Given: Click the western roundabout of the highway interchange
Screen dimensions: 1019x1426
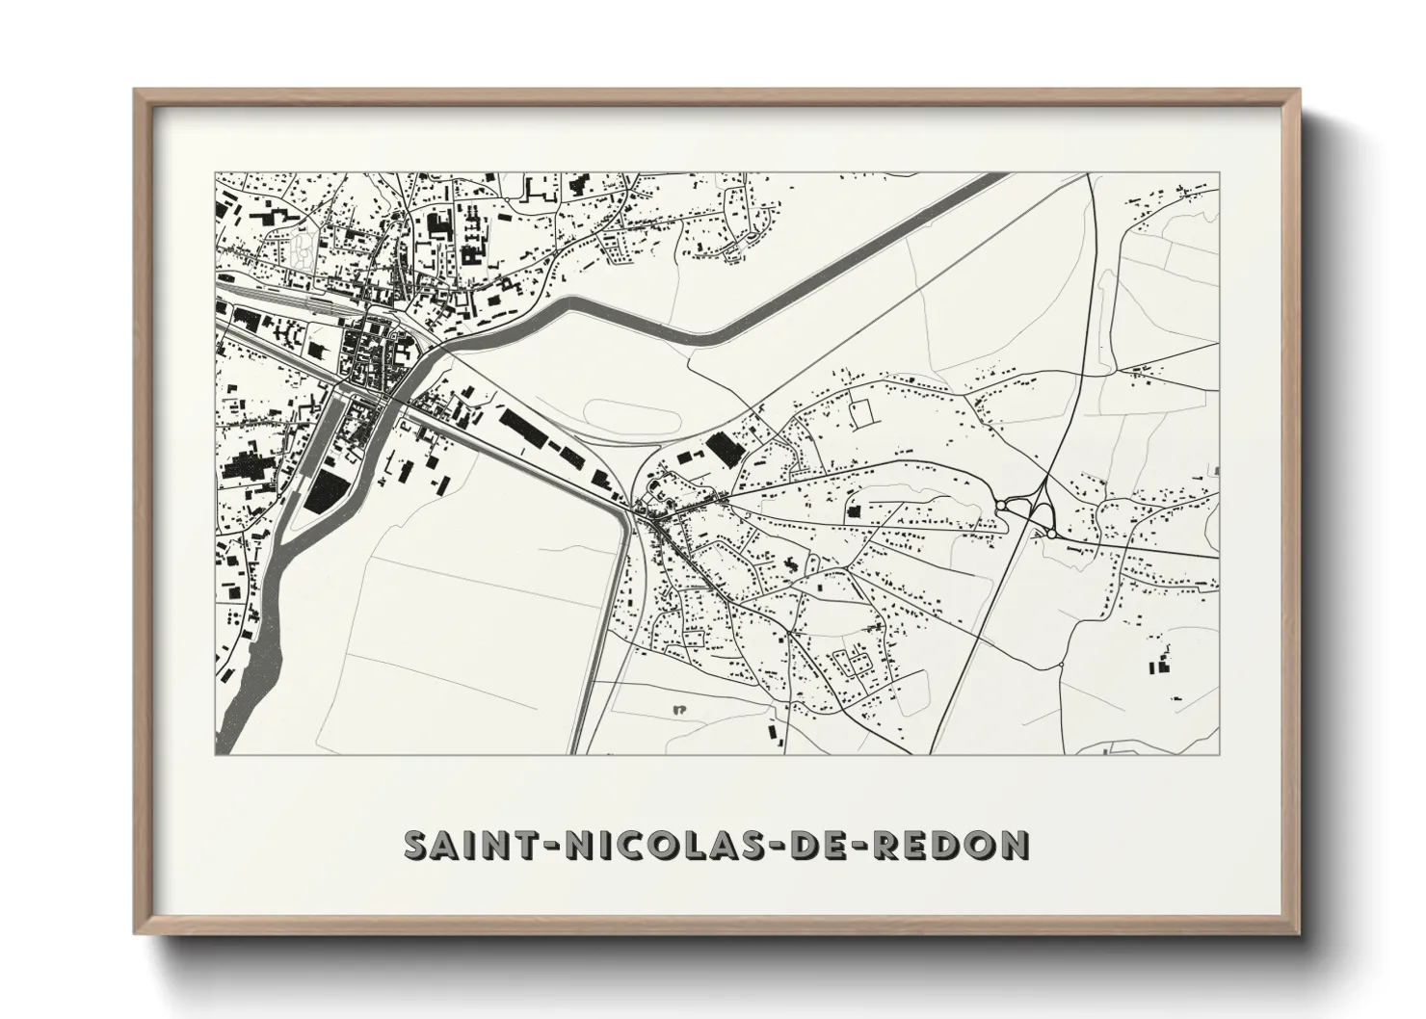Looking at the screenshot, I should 1001,504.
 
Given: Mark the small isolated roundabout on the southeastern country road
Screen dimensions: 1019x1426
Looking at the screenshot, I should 1060,664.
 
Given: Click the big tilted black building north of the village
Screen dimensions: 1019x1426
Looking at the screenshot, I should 721,448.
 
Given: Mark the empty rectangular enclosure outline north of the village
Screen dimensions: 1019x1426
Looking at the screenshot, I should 860,411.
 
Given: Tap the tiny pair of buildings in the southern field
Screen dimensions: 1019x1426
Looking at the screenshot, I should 677,711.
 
